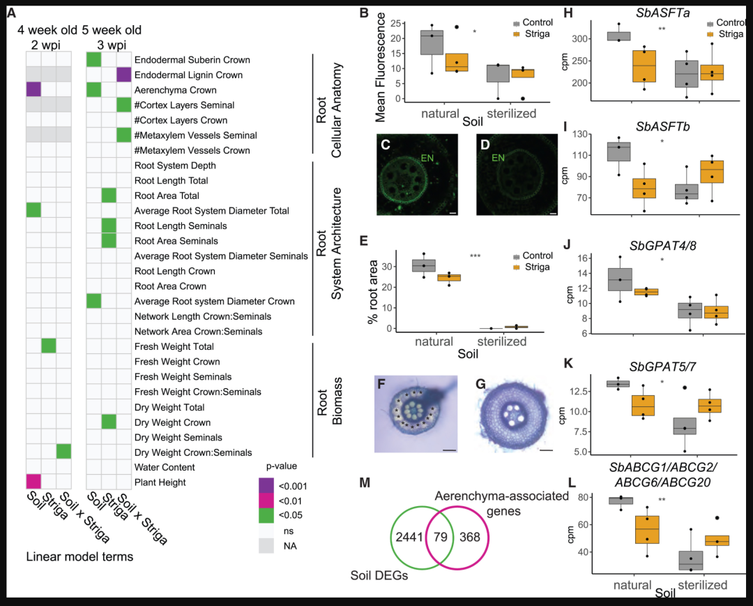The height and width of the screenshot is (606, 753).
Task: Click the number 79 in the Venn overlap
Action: tap(441, 537)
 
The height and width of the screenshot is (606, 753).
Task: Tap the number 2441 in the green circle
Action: tap(409, 537)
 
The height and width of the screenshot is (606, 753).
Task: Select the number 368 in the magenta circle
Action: tap(469, 537)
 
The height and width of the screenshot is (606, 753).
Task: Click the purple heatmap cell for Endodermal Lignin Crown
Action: tap(124, 75)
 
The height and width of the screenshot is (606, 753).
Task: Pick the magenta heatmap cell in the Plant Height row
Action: tap(33, 482)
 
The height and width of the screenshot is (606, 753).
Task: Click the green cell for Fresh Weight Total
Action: tap(49, 346)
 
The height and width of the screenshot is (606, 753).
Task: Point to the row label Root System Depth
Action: tap(175, 165)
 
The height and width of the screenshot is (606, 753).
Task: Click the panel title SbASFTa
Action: tap(663, 13)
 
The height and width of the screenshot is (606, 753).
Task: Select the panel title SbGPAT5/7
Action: tap(663, 367)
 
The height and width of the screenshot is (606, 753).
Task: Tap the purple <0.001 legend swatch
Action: tap(266, 485)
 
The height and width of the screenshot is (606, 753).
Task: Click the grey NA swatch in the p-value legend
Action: tap(266, 546)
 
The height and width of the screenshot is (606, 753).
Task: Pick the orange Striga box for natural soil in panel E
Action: tap(449, 277)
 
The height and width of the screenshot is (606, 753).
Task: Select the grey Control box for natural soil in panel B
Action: tap(432, 43)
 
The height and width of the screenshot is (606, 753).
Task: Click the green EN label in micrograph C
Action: tap(427, 157)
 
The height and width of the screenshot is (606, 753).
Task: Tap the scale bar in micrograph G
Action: tap(546, 450)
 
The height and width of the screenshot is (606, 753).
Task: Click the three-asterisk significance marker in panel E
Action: tap(475, 256)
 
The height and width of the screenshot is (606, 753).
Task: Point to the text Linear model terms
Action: tap(79, 556)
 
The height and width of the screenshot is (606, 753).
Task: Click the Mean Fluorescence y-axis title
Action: tap(380, 67)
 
